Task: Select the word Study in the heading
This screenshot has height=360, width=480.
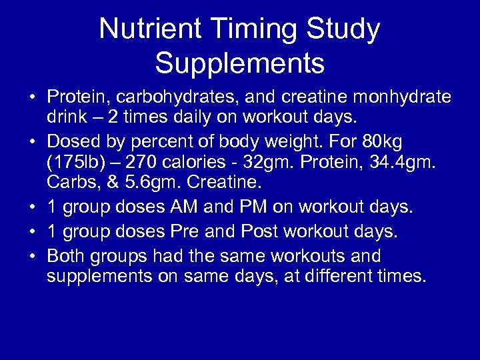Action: (348, 29)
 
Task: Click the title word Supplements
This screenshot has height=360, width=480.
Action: (240, 64)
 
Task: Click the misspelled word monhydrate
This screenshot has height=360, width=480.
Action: (401, 99)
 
